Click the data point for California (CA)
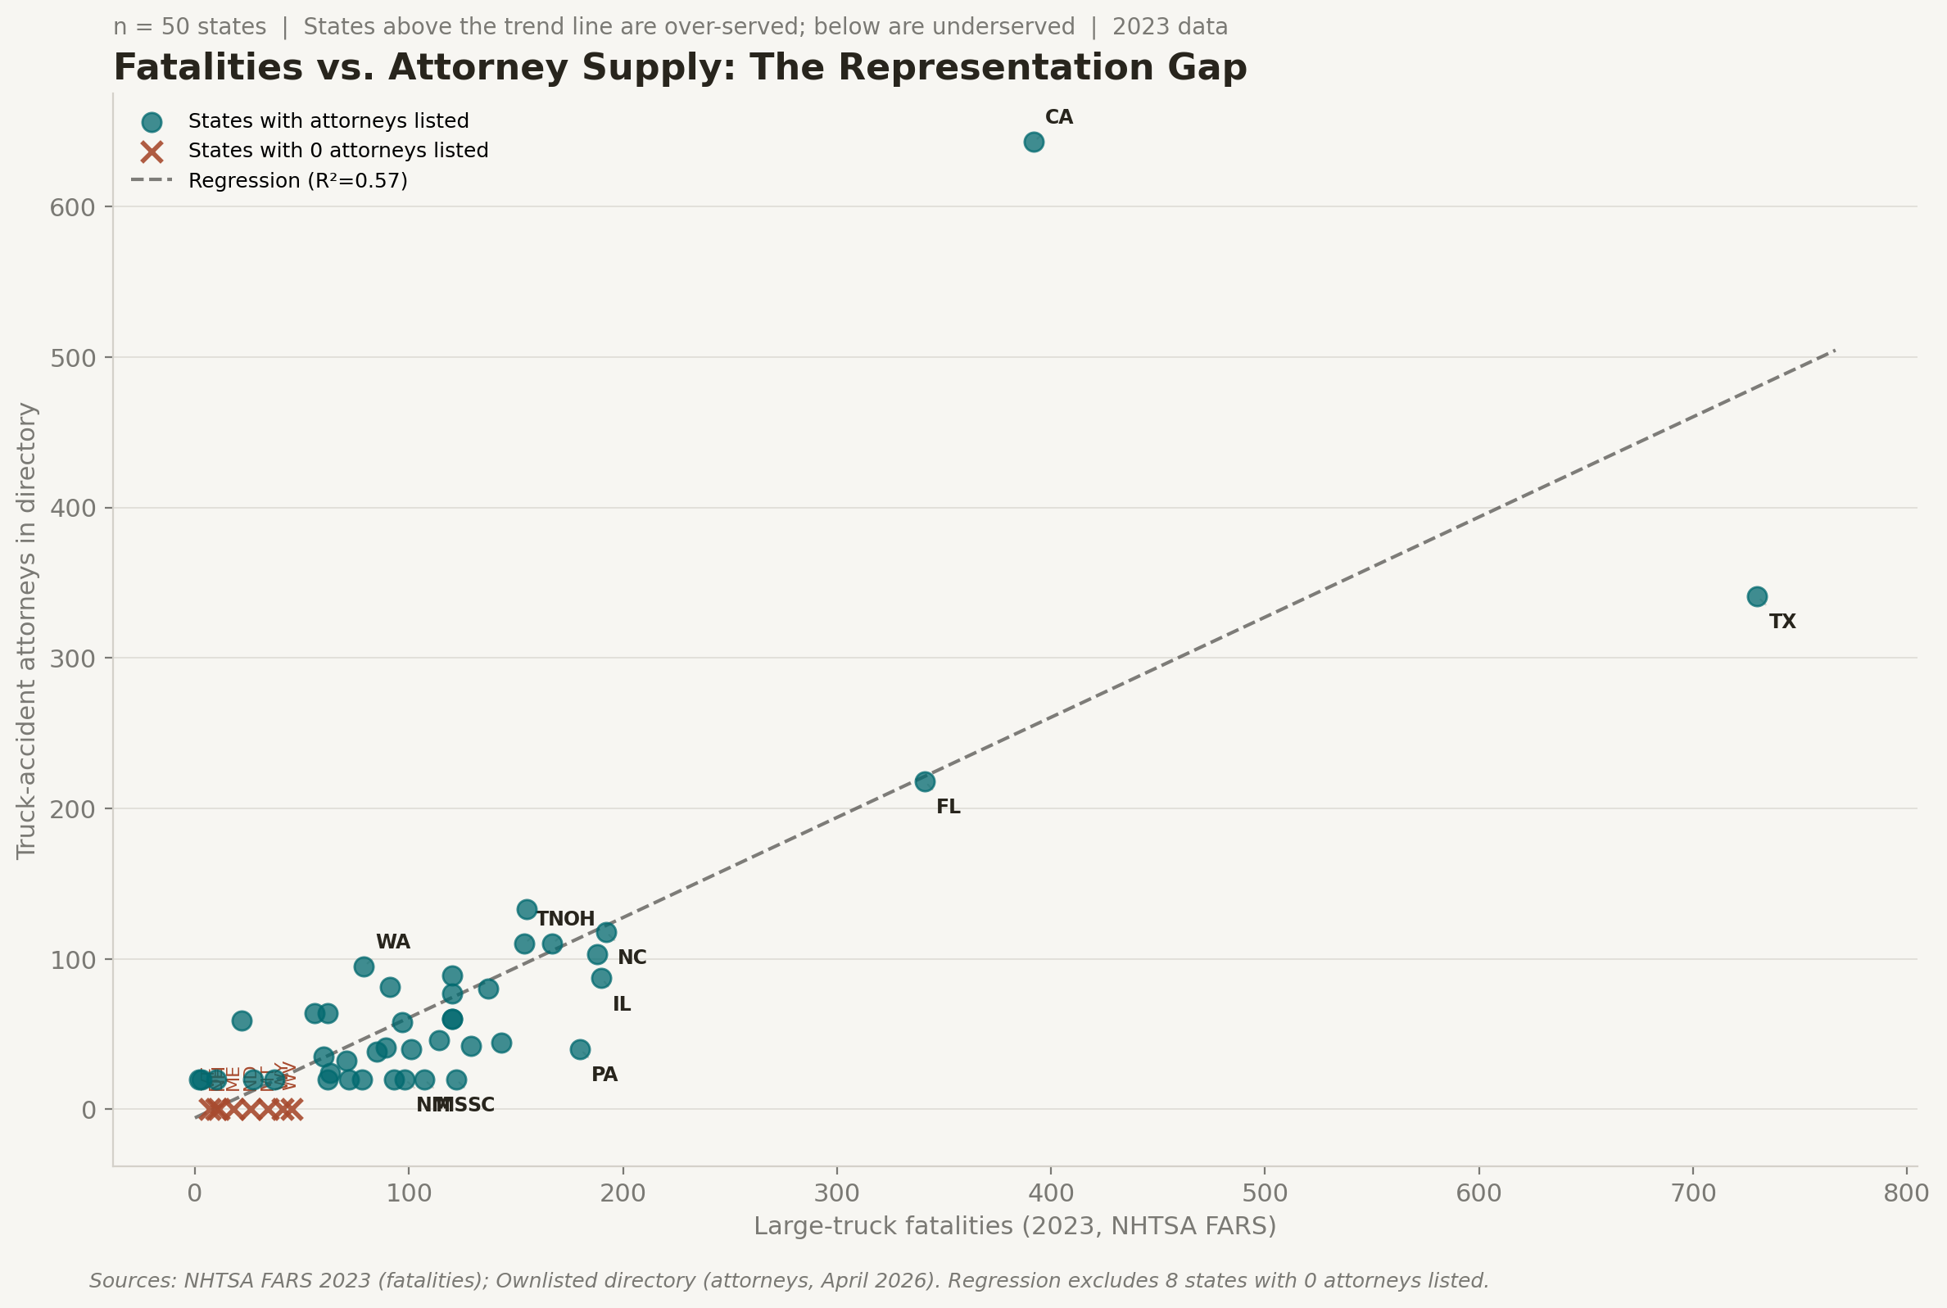[x=1034, y=142]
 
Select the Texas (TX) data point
[x=1757, y=596]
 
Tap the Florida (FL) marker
[x=924, y=781]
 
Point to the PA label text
[x=604, y=1075]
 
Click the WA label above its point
[x=393, y=943]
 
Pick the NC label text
[x=632, y=957]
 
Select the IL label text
[x=622, y=1005]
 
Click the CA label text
[x=1058, y=118]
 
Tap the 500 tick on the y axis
[x=73, y=359]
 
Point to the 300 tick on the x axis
[x=836, y=1193]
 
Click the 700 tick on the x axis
[x=1692, y=1193]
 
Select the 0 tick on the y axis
[x=88, y=1111]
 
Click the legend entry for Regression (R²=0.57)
[x=298, y=181]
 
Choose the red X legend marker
[x=151, y=152]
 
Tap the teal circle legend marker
[x=151, y=123]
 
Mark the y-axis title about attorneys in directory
[x=27, y=631]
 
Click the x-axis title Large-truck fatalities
[x=1014, y=1226]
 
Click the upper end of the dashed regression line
[x=1833, y=351]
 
